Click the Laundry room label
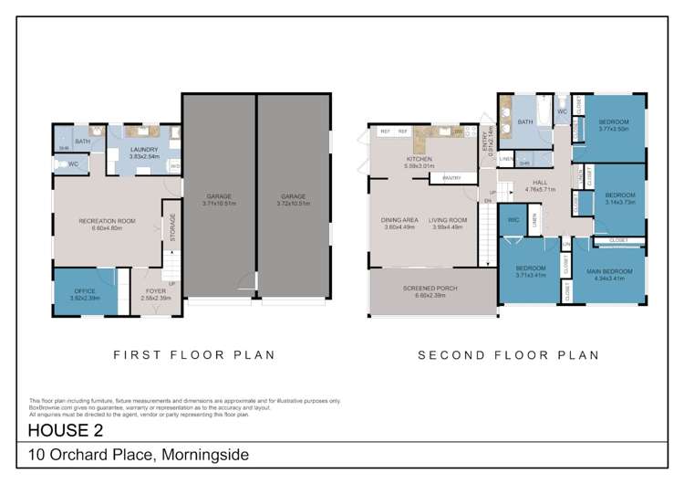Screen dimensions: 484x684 [x=144, y=150]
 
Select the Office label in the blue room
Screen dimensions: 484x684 [x=85, y=291]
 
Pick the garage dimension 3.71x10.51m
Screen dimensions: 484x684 [x=218, y=203]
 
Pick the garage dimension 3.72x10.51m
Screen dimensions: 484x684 [x=292, y=203]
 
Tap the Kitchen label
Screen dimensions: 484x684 [x=419, y=159]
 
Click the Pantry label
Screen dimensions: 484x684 [x=451, y=178]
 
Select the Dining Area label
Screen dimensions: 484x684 [x=399, y=220]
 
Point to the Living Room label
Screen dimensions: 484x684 [x=449, y=220]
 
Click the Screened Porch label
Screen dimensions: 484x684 [x=430, y=289]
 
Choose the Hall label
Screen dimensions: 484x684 [x=541, y=183]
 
